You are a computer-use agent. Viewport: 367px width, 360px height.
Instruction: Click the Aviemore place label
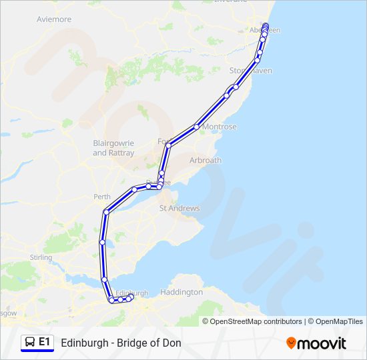pos(55,19)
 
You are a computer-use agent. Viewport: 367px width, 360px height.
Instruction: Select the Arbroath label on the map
pos(206,161)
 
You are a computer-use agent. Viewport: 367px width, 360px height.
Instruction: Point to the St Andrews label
pos(179,209)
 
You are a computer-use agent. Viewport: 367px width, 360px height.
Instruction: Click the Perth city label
pos(102,197)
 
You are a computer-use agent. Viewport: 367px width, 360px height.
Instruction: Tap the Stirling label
pos(41,257)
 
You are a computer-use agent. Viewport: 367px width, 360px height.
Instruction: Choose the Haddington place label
pos(181,292)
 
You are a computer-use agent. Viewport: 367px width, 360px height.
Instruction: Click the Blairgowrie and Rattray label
pos(113,148)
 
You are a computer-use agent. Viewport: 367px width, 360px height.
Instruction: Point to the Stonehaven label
pos(251,71)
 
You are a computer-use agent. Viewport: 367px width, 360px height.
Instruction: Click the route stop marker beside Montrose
pos(197,126)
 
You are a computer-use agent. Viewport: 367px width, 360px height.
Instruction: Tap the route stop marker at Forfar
pos(168,145)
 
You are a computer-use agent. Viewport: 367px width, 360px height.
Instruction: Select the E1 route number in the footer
pos(45,342)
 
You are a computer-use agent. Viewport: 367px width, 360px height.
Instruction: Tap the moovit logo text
pos(322,343)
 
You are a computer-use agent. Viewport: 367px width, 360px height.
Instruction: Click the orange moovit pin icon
pos(291,343)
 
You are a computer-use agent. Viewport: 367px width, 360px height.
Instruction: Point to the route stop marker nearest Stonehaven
pos(257,61)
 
